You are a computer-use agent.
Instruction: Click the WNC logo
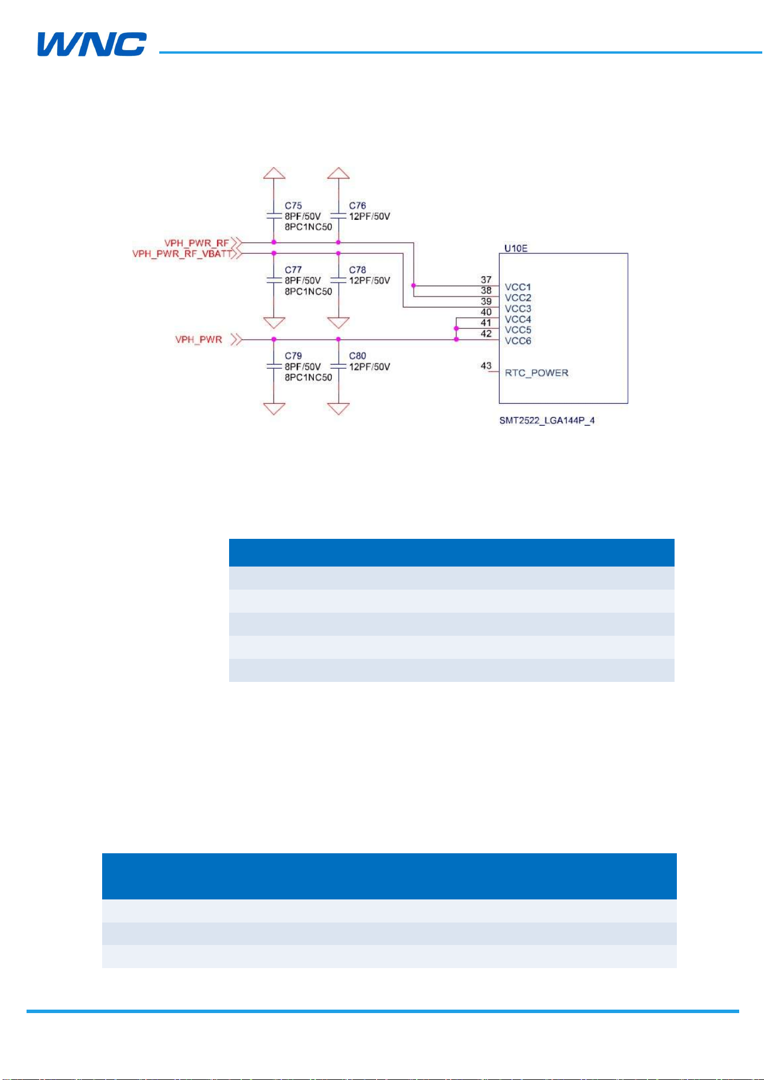[92, 44]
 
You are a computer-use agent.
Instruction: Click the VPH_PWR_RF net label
[197, 243]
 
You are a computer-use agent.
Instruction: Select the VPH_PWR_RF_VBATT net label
[182, 253]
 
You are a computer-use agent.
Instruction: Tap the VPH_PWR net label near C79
[199, 339]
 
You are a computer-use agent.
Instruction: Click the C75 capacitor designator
[293, 205]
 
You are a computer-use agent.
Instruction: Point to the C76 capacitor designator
[357, 205]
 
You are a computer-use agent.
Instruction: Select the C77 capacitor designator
[293, 269]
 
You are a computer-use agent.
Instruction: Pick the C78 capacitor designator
[357, 269]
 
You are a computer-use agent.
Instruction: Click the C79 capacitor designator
[293, 355]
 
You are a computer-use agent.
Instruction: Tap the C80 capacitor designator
[357, 355]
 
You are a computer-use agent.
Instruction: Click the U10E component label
[516, 248]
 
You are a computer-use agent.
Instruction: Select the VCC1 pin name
[518, 287]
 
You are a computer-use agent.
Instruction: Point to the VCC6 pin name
[518, 340]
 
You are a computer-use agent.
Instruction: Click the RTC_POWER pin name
[537, 373]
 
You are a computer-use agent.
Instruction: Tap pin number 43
[486, 365]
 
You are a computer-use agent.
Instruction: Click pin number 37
[486, 279]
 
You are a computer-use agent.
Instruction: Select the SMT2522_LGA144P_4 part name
[547, 420]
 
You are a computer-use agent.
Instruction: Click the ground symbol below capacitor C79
[274, 408]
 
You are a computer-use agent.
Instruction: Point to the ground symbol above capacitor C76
[338, 173]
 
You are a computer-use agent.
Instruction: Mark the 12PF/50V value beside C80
[369, 366]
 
